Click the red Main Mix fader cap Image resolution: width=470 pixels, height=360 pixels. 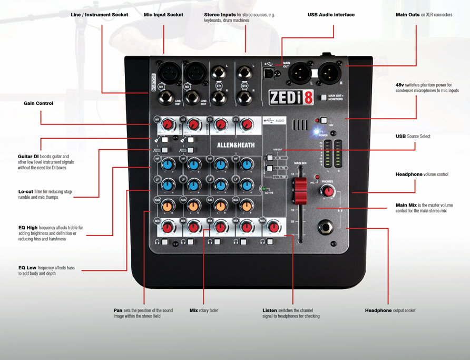pyautogui.click(x=300, y=189)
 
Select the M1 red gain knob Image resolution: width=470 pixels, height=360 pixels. pyautogui.click(x=168, y=125)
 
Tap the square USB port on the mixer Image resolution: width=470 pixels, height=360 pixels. pyautogui.click(x=270, y=74)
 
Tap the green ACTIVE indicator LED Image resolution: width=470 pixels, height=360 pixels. pyautogui.click(x=264, y=188)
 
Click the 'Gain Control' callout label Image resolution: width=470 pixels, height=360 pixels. pyautogui.click(x=38, y=103)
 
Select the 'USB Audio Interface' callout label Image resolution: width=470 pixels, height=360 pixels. pyautogui.click(x=331, y=15)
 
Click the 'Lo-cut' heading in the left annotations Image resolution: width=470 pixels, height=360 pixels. pyautogui.click(x=26, y=191)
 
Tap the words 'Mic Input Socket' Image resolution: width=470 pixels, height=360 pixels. pyautogui.click(x=163, y=15)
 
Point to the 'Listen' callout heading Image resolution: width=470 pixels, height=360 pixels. pyautogui.click(x=270, y=310)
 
